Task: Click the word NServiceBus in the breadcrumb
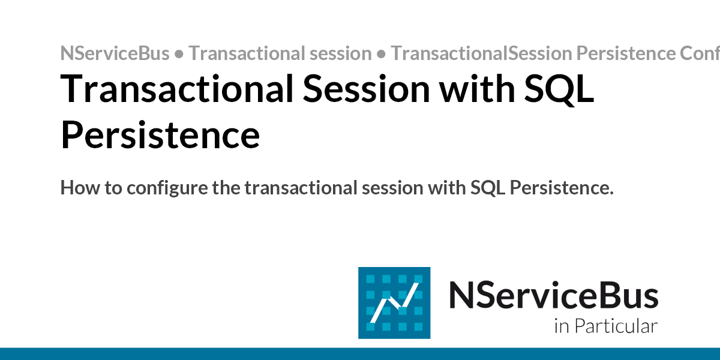(x=115, y=53)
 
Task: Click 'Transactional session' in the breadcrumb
(x=280, y=53)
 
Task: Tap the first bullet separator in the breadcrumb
(x=179, y=54)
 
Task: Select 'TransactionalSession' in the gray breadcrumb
(x=481, y=53)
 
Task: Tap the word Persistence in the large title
(x=160, y=136)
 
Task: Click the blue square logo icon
(x=394, y=303)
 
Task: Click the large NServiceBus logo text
(x=553, y=296)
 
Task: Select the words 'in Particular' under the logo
(x=605, y=326)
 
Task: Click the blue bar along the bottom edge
(x=360, y=353)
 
